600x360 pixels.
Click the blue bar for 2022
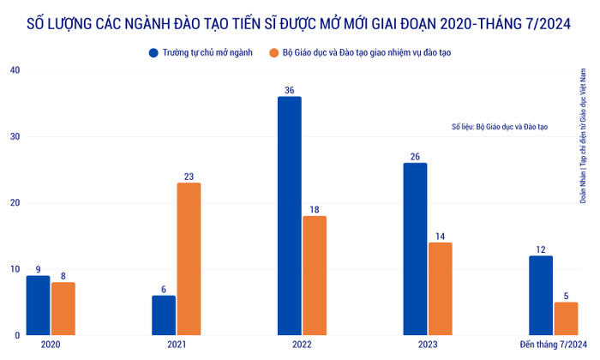pyautogui.click(x=290, y=215)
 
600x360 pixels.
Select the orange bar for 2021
pyautogui.click(x=189, y=258)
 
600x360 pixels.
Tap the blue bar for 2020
pyautogui.click(x=38, y=304)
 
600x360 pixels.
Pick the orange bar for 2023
pyautogui.click(x=441, y=288)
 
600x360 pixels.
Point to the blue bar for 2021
pyautogui.click(x=164, y=315)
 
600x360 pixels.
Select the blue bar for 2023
pyautogui.click(x=416, y=249)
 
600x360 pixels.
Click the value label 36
pyautogui.click(x=290, y=89)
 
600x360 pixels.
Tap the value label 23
pyautogui.click(x=189, y=177)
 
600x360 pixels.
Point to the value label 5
pyautogui.click(x=566, y=295)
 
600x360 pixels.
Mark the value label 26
pyautogui.click(x=416, y=156)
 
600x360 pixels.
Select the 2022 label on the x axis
pyautogui.click(x=303, y=345)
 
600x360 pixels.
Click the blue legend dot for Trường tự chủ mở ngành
pyautogui.click(x=153, y=52)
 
